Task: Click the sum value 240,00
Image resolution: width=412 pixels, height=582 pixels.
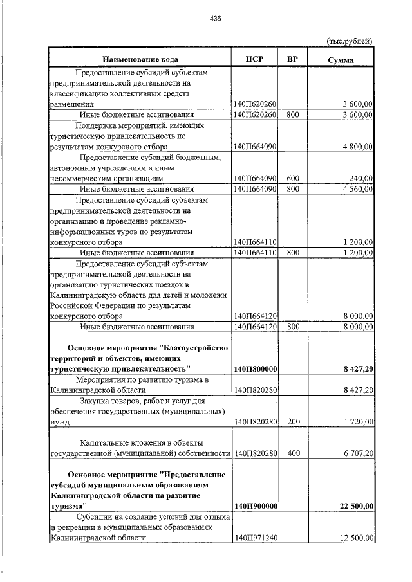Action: coord(360,178)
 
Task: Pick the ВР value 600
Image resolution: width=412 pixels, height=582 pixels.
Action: coord(293,178)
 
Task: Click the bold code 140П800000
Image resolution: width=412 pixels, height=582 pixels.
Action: coord(256,369)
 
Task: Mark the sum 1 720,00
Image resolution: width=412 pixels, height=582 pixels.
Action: coord(358,422)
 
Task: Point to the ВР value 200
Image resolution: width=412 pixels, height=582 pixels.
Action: coord(293,422)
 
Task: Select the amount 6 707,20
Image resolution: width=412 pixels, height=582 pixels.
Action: coord(358,453)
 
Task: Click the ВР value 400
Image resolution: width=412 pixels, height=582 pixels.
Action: coord(293,453)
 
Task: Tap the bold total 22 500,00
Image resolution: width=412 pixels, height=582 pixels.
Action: coord(353,506)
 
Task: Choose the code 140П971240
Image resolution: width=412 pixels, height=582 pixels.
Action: coord(256,538)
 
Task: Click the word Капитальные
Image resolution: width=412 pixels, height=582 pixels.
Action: coord(105,442)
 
